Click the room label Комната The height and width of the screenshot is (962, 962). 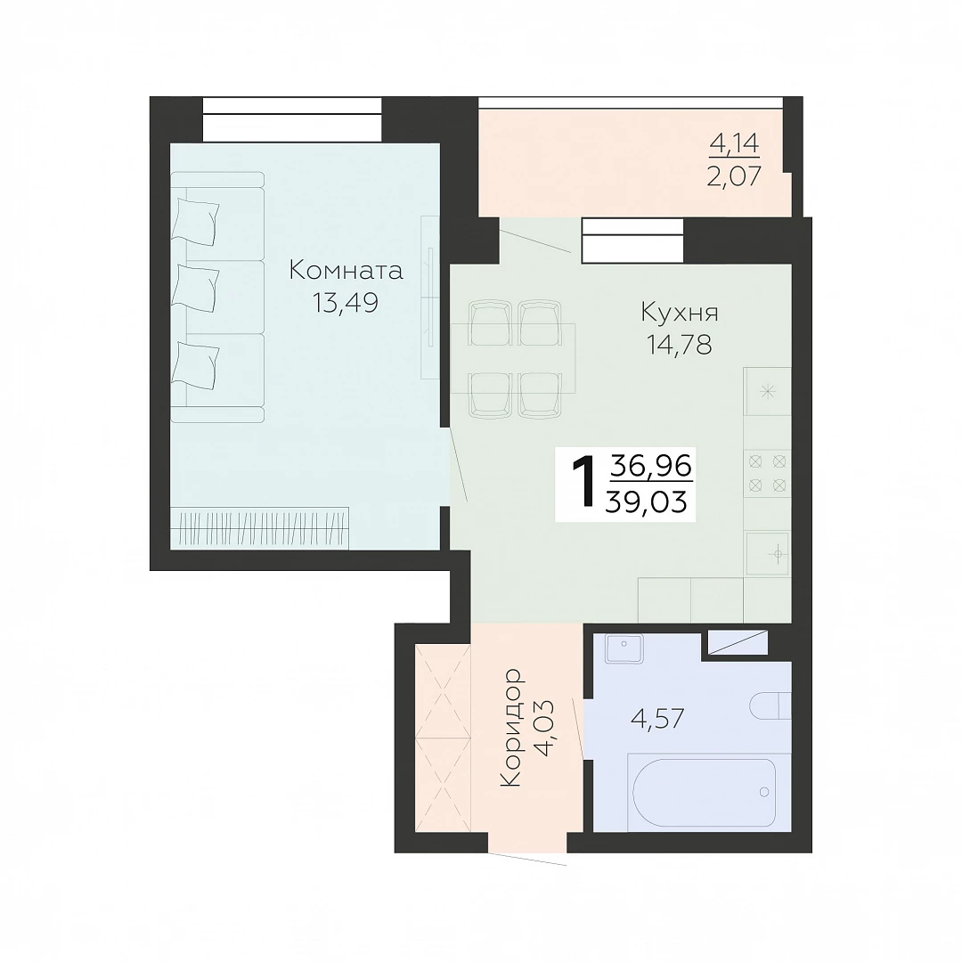tap(346, 270)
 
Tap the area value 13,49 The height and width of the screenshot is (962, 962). tap(345, 303)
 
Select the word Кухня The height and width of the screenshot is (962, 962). tap(679, 313)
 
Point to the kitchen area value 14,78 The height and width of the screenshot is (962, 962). tap(679, 345)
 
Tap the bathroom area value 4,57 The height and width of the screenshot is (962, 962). tap(657, 718)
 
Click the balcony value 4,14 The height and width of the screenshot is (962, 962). tap(734, 143)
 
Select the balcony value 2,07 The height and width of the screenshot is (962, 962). tap(734, 176)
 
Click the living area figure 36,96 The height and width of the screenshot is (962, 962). tap(650, 466)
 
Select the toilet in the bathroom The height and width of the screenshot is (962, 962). tap(770, 705)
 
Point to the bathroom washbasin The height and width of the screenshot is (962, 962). tap(624, 648)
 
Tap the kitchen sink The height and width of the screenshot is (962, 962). tap(768, 554)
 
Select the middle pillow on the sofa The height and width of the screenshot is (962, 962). tap(196, 289)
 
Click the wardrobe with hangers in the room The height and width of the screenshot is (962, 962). tap(260, 527)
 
